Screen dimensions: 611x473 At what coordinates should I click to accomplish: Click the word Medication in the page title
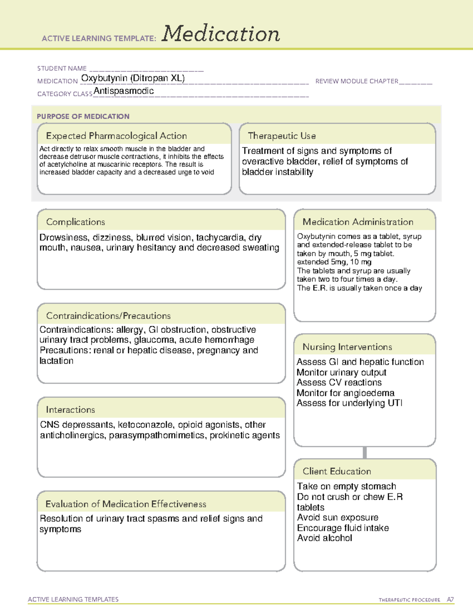tap(221, 34)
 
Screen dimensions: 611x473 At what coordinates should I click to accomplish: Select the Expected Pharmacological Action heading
tap(116, 136)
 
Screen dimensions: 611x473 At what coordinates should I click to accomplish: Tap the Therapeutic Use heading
tap(282, 136)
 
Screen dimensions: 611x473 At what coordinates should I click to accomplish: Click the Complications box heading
tap(76, 222)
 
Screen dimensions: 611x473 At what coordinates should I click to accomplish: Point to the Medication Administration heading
tap(358, 222)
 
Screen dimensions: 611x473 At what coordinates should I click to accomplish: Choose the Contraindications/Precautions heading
tap(108, 316)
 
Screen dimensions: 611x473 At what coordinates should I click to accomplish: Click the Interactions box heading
tap(71, 410)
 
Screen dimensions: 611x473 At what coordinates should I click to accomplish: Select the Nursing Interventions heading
tap(347, 347)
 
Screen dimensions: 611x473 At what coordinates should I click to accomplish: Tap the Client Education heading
tap(337, 471)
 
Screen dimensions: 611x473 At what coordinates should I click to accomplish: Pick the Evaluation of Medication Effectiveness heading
tap(126, 504)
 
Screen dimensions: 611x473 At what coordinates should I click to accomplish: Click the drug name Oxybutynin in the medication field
tap(104, 78)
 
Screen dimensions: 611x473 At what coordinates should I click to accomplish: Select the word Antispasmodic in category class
tap(124, 91)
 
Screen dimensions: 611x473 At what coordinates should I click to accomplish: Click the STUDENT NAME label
tap(62, 68)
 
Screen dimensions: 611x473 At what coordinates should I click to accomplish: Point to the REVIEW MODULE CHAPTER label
tap(357, 81)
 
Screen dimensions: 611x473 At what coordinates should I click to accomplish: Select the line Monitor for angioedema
tap(345, 393)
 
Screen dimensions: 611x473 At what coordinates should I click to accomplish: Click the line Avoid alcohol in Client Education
tap(324, 538)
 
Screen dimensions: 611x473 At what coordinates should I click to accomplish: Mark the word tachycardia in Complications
tap(221, 238)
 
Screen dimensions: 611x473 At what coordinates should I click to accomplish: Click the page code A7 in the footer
tap(450, 600)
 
